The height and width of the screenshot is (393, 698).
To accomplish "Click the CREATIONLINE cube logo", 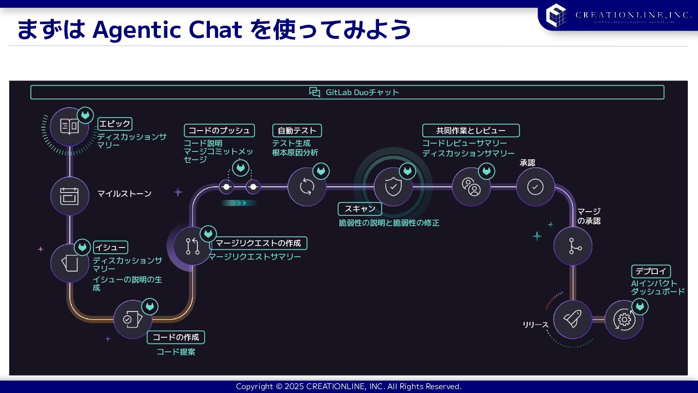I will [556, 15].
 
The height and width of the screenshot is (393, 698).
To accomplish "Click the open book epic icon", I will [69, 127].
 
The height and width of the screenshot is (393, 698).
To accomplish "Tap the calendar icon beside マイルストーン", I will [69, 196].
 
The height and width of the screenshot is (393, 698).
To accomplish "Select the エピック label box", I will [115, 124].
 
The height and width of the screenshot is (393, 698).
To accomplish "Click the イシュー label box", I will [111, 247].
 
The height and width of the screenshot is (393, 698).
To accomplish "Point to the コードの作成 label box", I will [176, 337].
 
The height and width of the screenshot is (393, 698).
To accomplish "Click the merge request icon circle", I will [192, 246].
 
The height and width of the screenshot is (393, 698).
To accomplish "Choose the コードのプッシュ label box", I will [219, 131].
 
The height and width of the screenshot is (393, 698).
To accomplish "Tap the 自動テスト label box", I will [297, 131].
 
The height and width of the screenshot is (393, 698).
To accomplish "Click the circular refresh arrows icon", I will [307, 187].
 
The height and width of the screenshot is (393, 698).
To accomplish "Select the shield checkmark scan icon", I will [393, 187].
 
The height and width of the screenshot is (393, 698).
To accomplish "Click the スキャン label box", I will [360, 209].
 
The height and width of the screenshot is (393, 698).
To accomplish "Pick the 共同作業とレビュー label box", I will [471, 131].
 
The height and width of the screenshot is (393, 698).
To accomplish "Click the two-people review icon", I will [471, 187].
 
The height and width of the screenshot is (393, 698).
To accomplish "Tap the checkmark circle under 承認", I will [535, 187].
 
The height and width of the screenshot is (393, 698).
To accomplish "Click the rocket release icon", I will [572, 319].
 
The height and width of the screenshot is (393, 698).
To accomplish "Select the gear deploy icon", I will [624, 319].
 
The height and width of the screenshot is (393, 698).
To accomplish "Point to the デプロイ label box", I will [650, 271].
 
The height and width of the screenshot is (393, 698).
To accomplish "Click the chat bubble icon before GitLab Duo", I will [315, 92].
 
